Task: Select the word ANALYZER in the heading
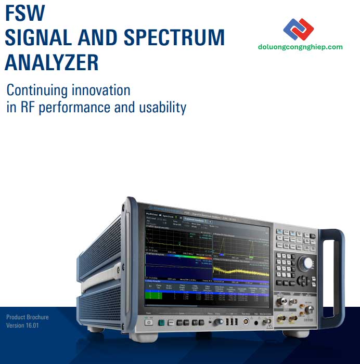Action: (52, 63)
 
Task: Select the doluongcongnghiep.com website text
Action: (300, 47)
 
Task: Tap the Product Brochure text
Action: (27, 317)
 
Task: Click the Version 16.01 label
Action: (22, 326)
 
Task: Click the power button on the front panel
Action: (149, 322)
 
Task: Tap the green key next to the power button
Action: (162, 322)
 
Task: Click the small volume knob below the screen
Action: (213, 323)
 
